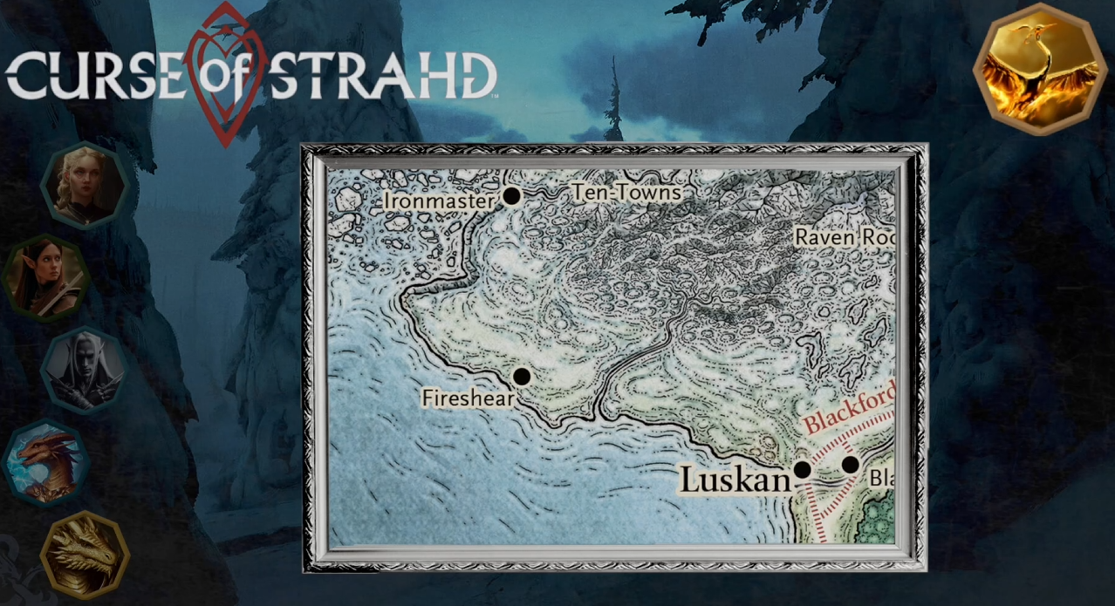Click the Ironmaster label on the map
439,201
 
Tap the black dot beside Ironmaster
512,196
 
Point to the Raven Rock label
845,237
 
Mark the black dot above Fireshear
522,377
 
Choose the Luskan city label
734,480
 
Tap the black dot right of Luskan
802,469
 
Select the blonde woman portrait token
85,185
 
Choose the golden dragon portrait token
85,555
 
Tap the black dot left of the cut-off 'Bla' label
850,465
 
